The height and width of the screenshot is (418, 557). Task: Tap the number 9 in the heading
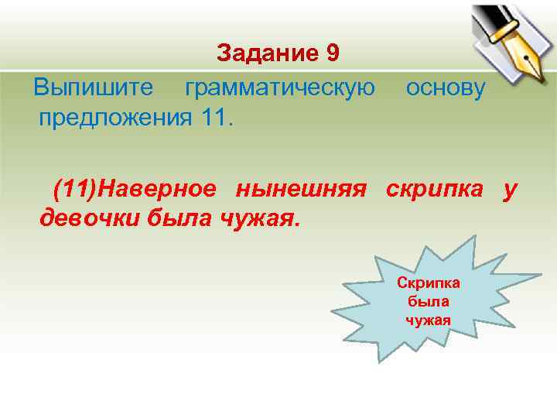(x=333, y=53)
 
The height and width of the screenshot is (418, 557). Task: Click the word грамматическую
(x=280, y=87)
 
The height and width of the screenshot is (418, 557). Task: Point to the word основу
(x=446, y=87)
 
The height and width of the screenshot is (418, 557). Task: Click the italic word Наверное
(x=162, y=188)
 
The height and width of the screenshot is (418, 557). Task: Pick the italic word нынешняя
(x=301, y=188)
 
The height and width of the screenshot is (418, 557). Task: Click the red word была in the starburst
(x=428, y=301)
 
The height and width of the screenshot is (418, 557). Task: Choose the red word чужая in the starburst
(x=428, y=319)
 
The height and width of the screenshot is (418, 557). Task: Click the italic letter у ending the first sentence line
(x=508, y=188)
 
